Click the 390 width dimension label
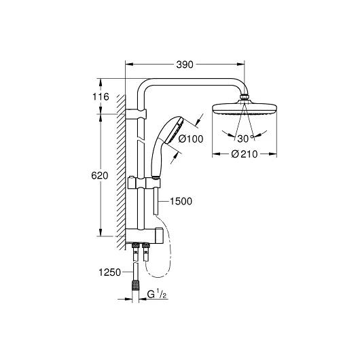(185, 65)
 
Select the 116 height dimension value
(101, 96)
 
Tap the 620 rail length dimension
(100, 176)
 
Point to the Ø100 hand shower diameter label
(191, 139)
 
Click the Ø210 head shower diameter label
(245, 154)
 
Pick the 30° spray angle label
(245, 139)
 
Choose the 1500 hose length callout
(181, 201)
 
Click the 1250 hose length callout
(109, 272)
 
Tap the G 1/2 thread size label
(157, 294)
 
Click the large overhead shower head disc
(245, 109)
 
